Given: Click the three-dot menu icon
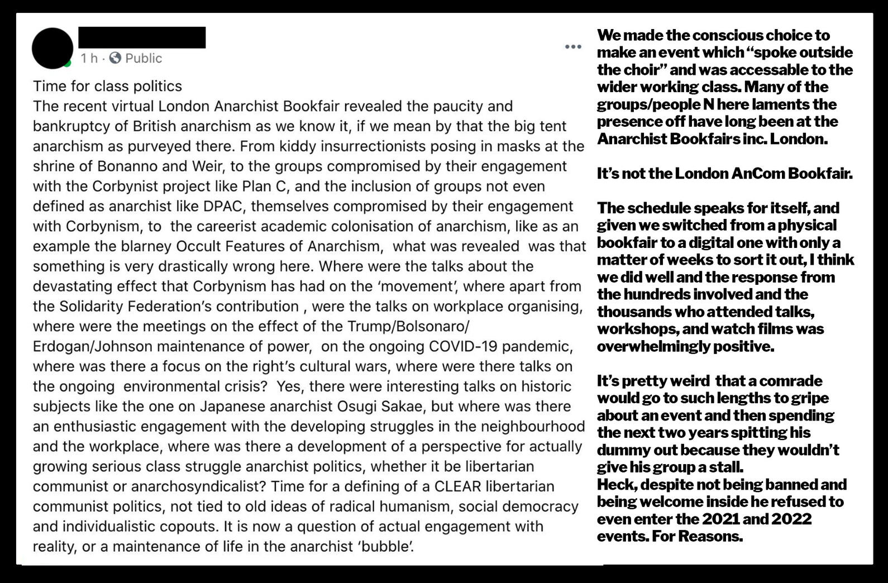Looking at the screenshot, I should point(573,47).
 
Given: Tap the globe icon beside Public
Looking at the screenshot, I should point(115,58).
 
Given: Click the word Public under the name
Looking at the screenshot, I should point(144,58).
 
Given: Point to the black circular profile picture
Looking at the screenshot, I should point(52,49).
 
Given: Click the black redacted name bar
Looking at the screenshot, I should point(142,37).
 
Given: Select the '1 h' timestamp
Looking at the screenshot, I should point(89,58).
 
